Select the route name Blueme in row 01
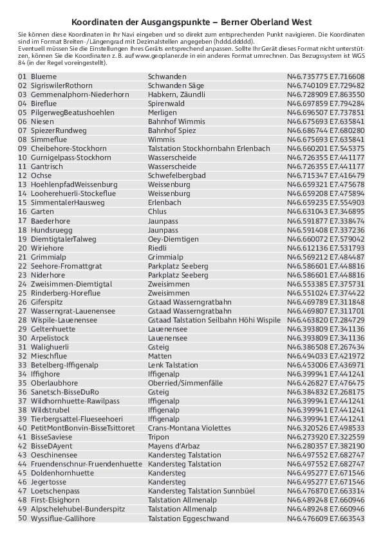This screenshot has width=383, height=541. [x=44, y=76]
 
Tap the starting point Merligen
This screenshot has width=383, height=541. [x=162, y=112]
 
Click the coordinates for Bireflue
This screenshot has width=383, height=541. [x=325, y=103]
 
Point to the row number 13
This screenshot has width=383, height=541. [x=23, y=184]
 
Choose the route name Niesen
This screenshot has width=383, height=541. [x=42, y=121]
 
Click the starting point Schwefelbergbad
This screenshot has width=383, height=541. [x=177, y=175]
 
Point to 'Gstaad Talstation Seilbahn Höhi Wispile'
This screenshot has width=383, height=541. [x=214, y=319]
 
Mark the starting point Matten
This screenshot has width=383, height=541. [x=160, y=355]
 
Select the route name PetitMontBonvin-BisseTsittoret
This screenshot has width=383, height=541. [x=83, y=427]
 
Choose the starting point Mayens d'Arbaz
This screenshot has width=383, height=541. [x=174, y=445]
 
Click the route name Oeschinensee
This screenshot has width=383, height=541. [x=55, y=455]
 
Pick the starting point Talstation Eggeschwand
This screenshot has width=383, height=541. [x=188, y=518]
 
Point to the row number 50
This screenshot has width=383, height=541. [x=23, y=518]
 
